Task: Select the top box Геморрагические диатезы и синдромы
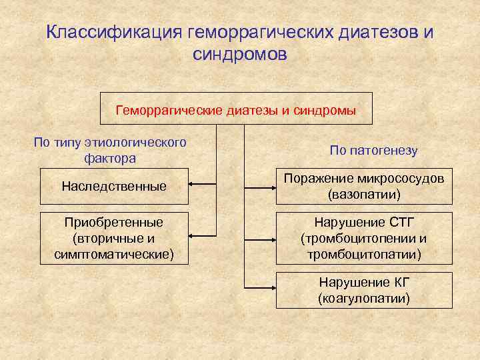click(236, 109)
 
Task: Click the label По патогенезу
click(373, 151)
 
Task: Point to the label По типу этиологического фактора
click(110, 151)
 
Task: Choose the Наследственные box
click(114, 186)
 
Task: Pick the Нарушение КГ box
click(364, 290)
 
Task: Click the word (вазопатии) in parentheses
click(364, 195)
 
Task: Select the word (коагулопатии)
click(364, 298)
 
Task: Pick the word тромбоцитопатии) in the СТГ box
click(364, 255)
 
